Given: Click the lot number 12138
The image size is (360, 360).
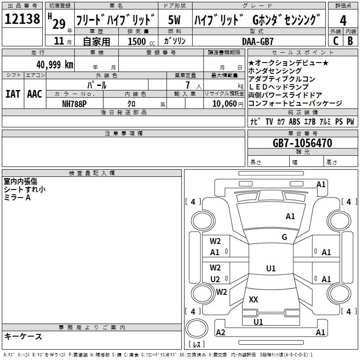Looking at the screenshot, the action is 22,19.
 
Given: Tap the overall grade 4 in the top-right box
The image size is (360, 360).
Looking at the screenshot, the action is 343,20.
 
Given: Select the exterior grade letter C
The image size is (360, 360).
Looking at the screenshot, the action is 336,41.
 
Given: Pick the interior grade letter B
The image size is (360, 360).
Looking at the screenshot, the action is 350,41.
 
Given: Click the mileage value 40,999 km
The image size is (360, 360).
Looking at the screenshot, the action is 55,65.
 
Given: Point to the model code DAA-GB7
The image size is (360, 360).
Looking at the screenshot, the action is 258,41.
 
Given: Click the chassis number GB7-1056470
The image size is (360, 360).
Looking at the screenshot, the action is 302,143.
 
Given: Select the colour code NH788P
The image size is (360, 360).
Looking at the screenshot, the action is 74,104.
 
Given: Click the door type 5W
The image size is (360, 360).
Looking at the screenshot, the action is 174,20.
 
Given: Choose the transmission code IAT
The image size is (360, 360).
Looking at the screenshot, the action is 13,94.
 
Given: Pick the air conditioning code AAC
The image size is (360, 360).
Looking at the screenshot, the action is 35,94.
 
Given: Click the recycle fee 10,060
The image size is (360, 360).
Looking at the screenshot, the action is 225,104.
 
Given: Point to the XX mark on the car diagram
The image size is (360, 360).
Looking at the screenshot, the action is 253,299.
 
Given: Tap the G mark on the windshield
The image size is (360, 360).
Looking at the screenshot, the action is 284,237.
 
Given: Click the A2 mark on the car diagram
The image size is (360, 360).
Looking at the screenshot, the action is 220,332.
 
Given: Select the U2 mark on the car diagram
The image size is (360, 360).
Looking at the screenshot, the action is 215,279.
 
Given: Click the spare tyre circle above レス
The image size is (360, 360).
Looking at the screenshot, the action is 197,328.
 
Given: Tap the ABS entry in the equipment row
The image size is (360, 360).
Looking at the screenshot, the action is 294,121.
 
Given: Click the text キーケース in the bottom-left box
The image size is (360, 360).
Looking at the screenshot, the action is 23,336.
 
